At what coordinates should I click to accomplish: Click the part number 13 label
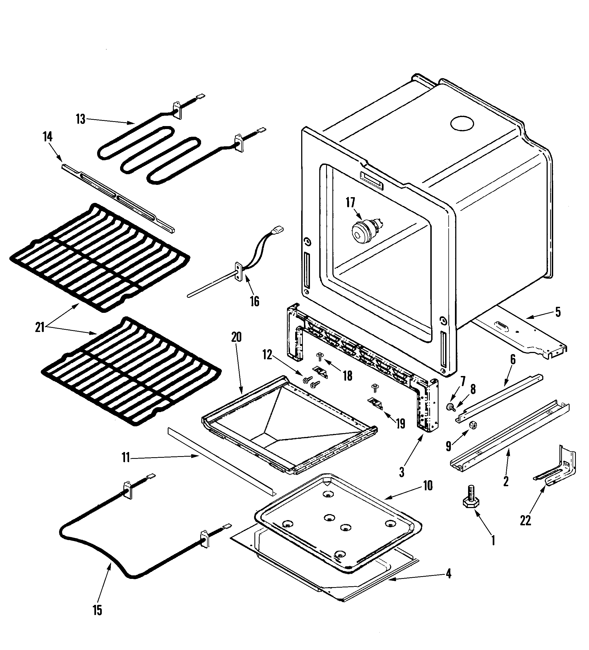[81, 119]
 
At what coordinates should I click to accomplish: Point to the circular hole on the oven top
[462, 124]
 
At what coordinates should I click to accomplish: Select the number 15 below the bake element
[97, 610]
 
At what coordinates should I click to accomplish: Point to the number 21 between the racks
[40, 328]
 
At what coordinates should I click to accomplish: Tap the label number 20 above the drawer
[236, 337]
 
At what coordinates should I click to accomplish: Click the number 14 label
[47, 137]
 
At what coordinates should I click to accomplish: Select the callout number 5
[558, 312]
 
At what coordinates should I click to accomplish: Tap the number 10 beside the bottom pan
[428, 486]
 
